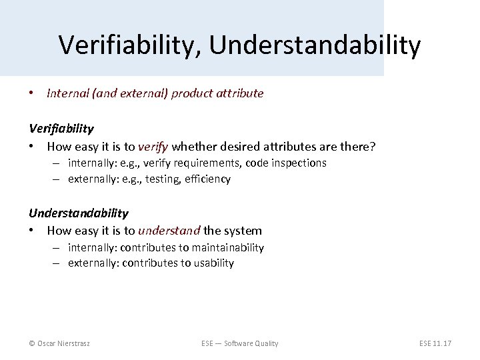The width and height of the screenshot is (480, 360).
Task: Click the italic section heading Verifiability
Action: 61,128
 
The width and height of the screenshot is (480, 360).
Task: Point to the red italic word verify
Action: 153,145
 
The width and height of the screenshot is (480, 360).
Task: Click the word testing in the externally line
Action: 162,179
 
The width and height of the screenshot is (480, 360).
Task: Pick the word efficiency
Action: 208,179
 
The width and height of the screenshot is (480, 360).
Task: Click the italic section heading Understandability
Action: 78,213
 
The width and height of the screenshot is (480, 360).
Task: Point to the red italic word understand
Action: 169,231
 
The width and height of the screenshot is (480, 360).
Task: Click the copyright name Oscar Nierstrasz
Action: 64,343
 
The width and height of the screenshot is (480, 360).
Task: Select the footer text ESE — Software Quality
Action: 239,343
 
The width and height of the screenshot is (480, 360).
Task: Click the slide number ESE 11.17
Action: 435,343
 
